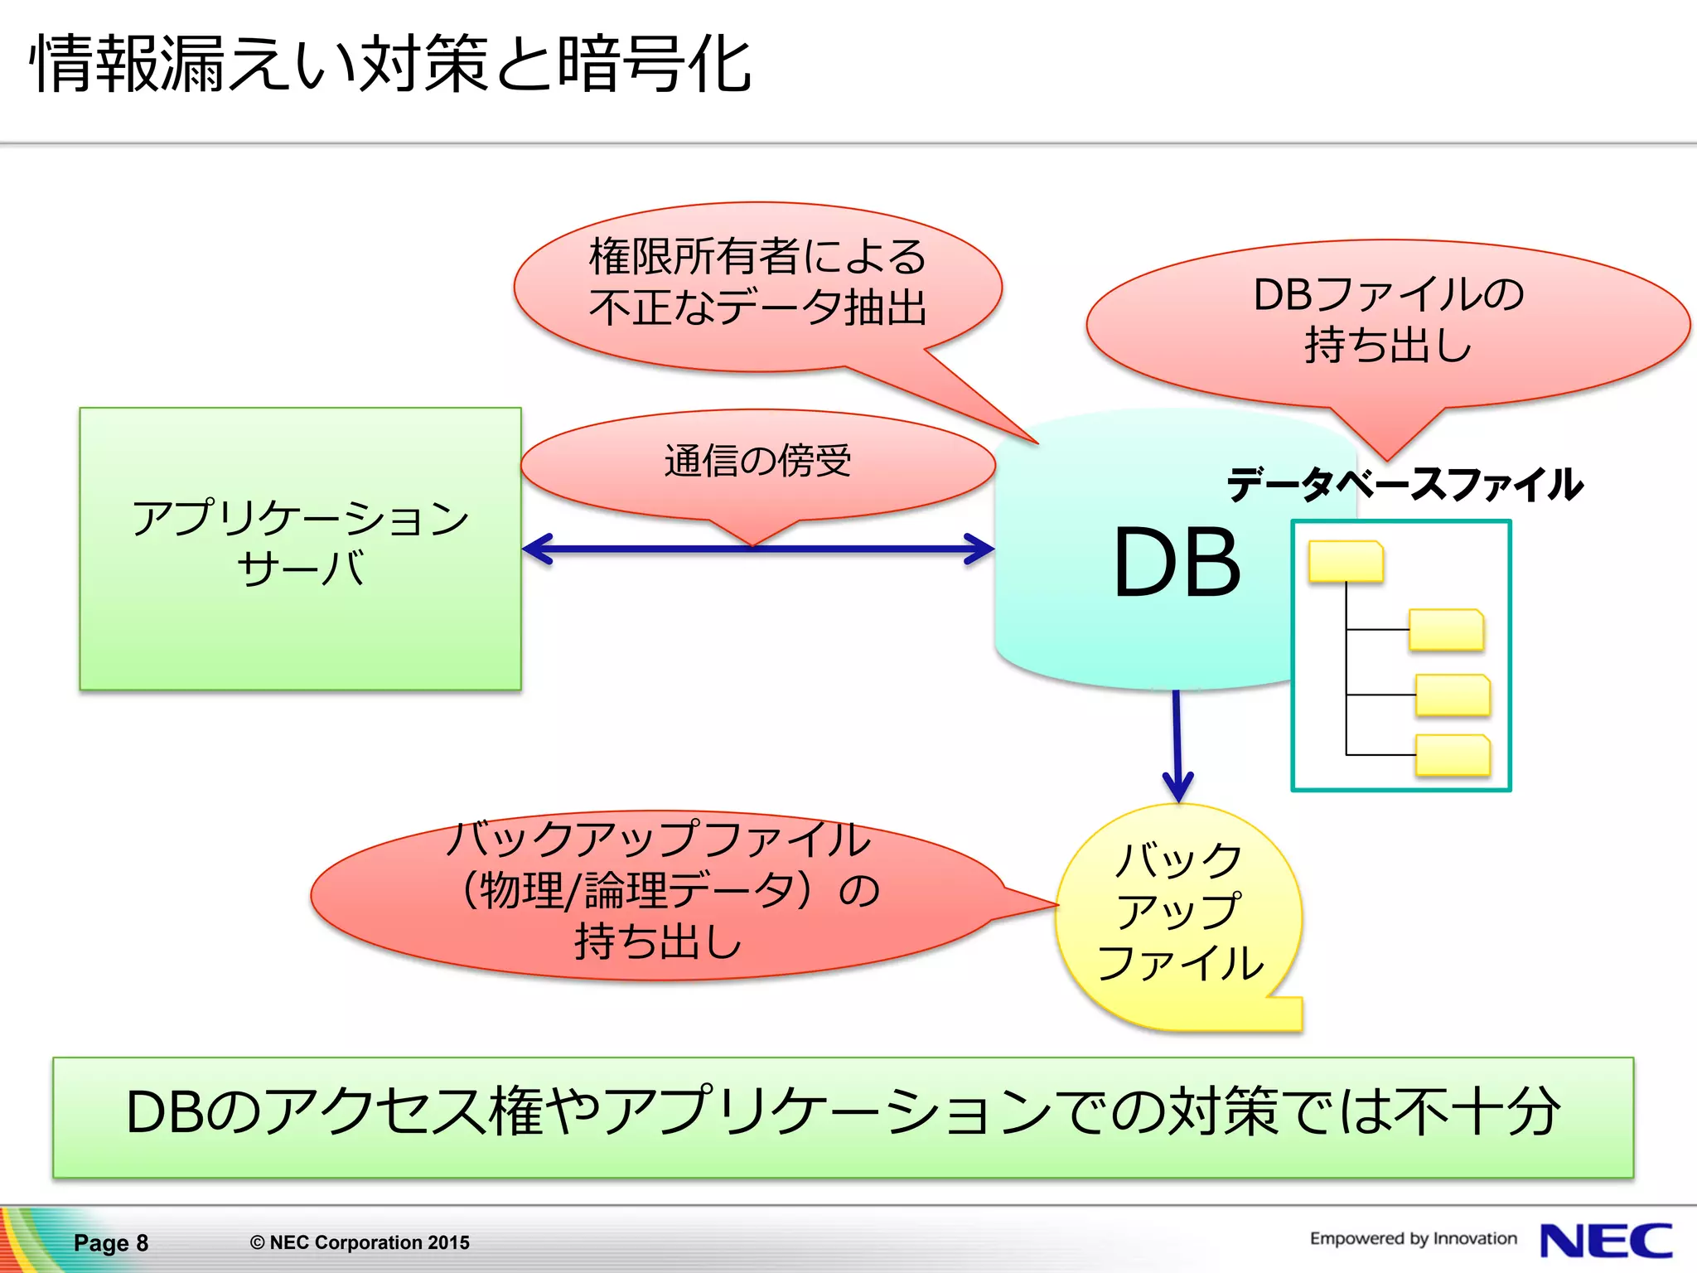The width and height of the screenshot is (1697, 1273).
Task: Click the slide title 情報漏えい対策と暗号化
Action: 389,65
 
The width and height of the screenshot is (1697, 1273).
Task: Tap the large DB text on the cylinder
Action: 1177,564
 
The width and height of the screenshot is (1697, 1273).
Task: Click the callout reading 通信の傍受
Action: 757,462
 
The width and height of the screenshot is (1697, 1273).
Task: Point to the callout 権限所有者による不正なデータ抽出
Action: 757,282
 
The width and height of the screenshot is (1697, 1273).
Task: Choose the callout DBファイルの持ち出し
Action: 1388,320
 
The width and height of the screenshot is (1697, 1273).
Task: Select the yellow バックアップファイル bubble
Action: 1178,912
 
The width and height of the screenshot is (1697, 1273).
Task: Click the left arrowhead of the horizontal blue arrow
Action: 537,549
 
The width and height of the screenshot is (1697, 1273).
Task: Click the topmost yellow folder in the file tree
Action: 1346,561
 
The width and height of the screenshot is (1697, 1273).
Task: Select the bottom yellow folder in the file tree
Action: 1453,755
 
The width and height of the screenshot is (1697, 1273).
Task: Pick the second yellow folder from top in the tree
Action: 1446,630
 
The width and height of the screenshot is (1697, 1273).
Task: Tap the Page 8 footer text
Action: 111,1242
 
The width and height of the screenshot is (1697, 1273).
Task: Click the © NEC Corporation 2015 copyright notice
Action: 360,1242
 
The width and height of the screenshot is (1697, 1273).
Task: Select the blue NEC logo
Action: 1605,1241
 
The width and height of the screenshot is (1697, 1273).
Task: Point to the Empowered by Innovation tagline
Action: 1413,1238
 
